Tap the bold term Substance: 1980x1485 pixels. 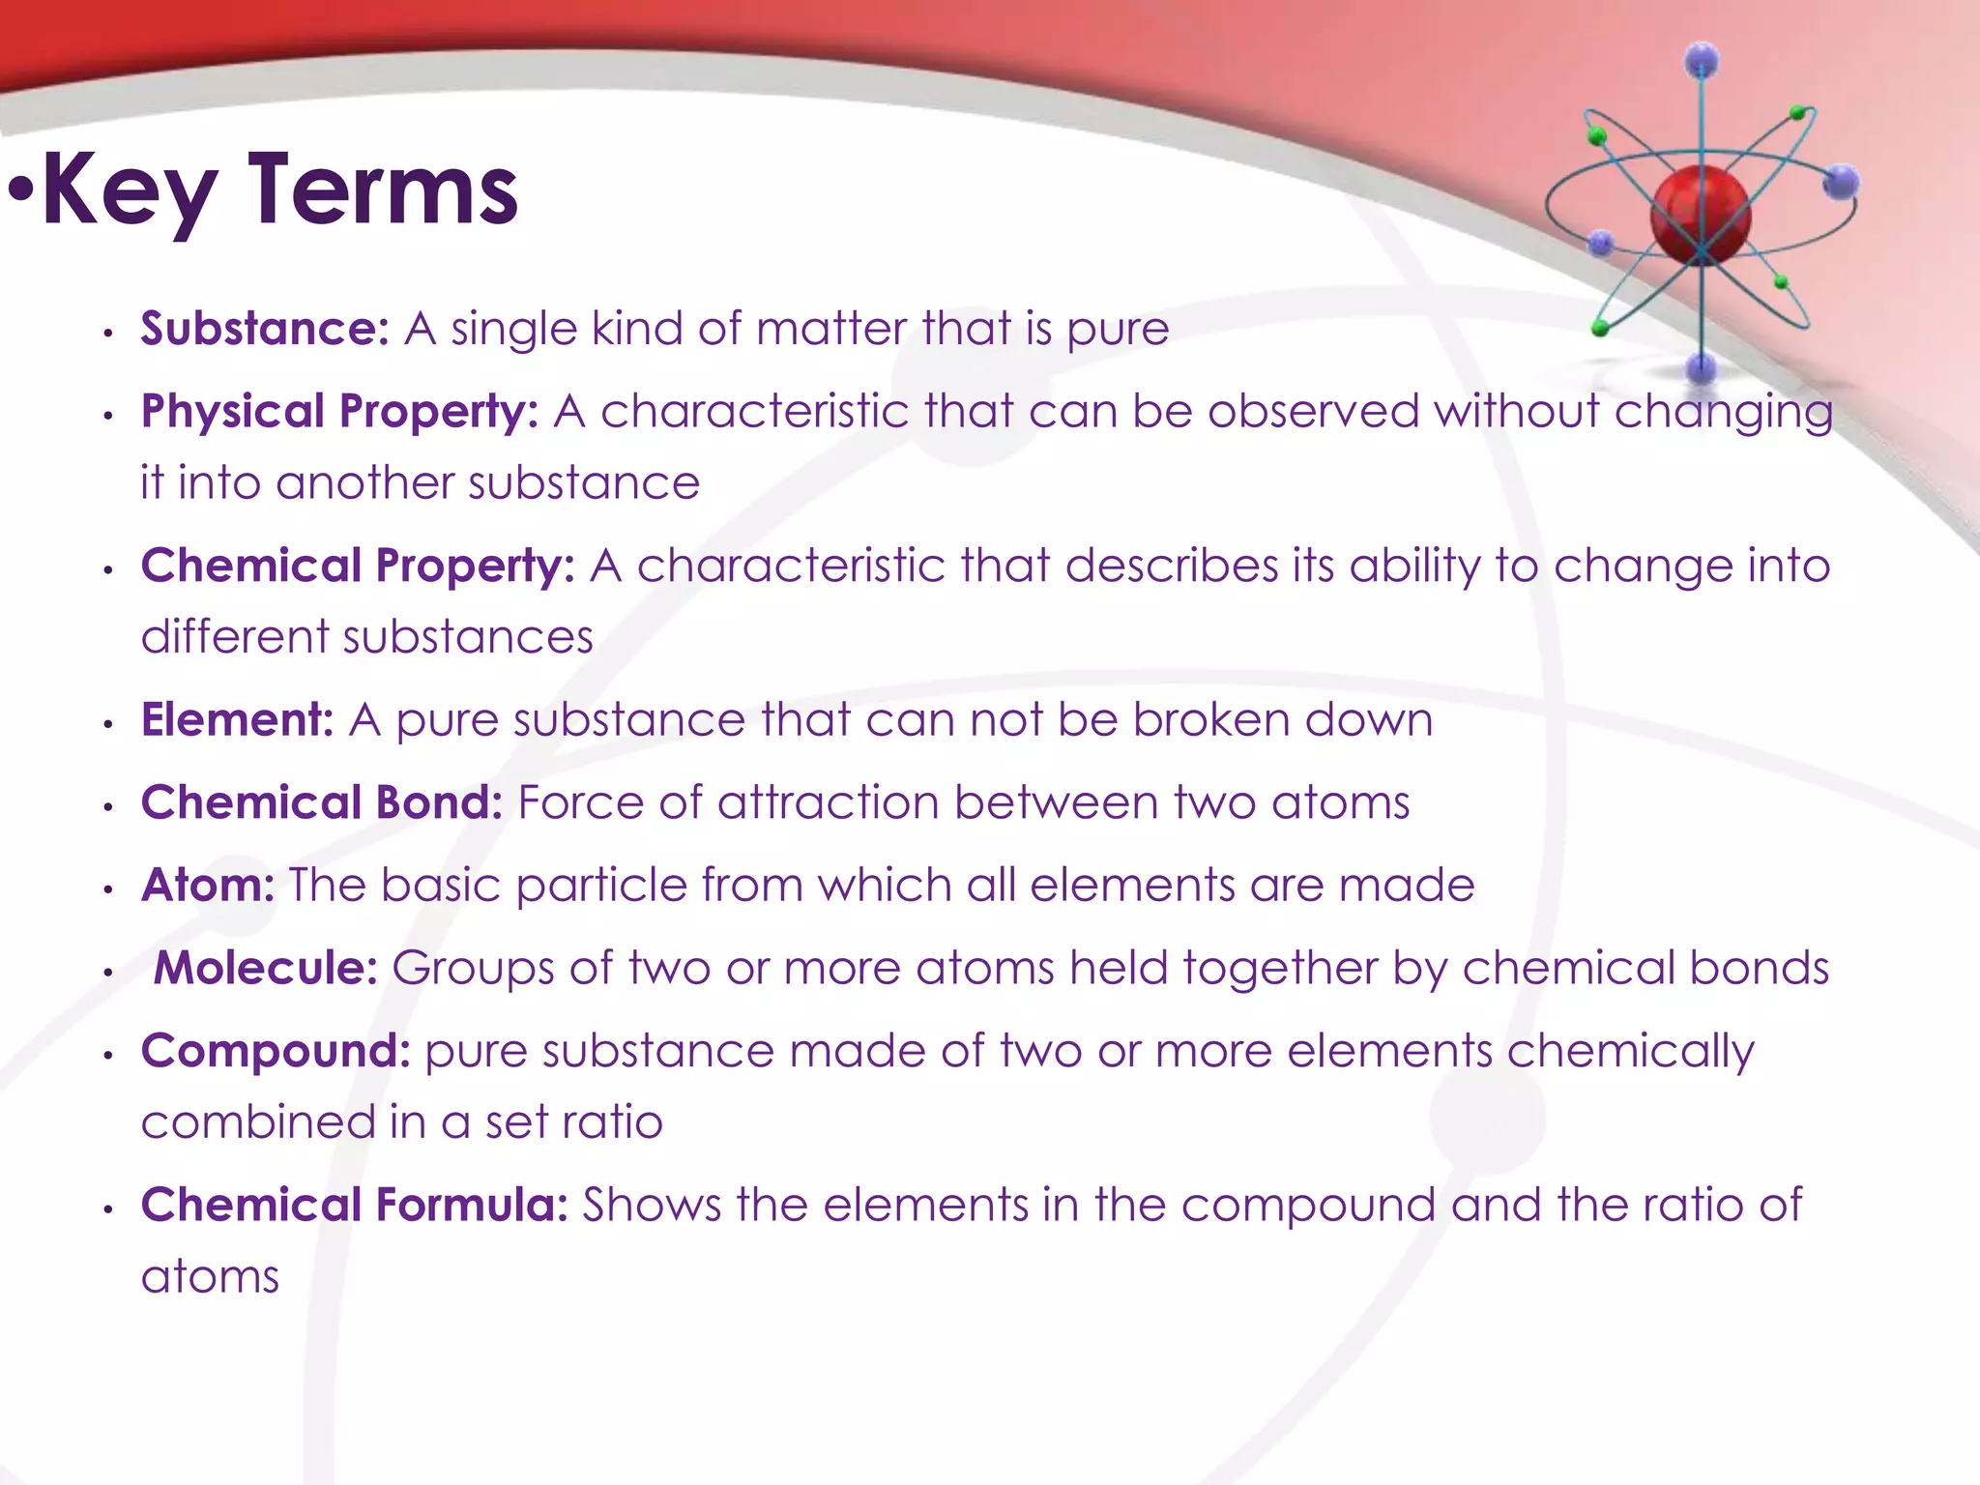coord(264,329)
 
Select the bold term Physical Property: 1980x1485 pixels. coord(338,412)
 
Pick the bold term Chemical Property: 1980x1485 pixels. coord(357,566)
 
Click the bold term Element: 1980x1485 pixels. coord(237,720)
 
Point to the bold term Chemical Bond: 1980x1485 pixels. coord(321,802)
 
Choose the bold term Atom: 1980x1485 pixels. coord(208,886)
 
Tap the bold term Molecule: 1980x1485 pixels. coord(265,968)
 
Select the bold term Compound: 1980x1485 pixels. coord(276,1051)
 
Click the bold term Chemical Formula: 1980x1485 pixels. coord(354,1205)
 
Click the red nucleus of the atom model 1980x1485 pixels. coord(1700,215)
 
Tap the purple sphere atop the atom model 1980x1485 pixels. coord(1702,61)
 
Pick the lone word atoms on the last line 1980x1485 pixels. coord(210,1277)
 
